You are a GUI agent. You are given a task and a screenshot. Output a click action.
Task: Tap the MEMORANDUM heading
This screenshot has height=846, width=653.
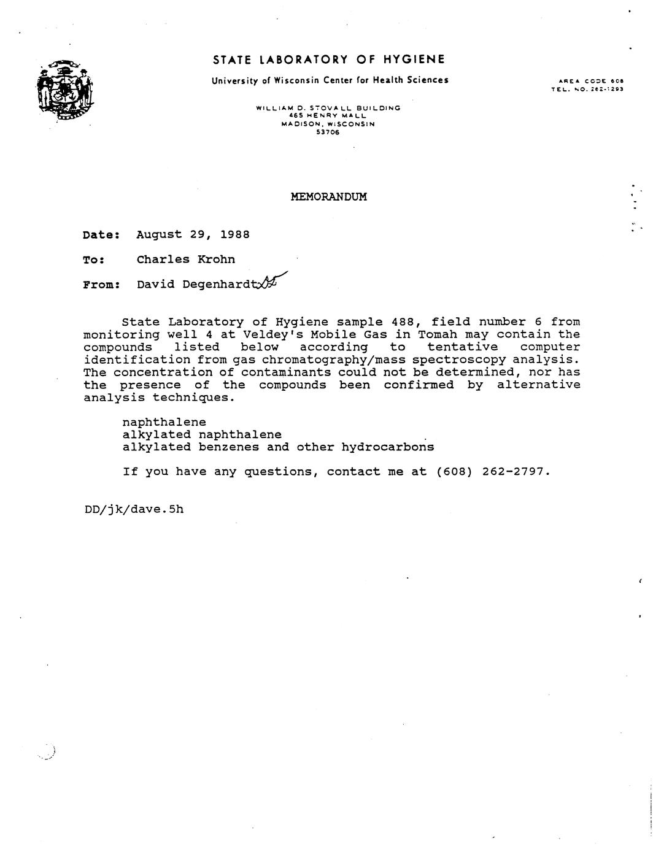[328, 197]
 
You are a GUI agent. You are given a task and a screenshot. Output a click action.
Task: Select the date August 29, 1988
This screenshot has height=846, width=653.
[193, 234]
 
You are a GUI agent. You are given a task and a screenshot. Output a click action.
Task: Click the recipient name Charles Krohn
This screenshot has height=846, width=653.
[185, 260]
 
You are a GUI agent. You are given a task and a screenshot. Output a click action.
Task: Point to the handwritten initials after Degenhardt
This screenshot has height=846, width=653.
[270, 282]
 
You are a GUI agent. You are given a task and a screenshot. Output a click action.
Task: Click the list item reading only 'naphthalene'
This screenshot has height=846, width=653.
[164, 422]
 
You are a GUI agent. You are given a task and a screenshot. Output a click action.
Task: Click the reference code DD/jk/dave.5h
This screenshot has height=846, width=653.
[134, 509]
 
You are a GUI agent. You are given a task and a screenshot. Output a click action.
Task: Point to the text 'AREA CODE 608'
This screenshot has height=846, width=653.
[591, 81]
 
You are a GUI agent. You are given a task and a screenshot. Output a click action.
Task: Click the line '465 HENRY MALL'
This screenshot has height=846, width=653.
[328, 115]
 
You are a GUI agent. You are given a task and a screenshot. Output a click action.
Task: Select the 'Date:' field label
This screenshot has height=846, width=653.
[101, 235]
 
